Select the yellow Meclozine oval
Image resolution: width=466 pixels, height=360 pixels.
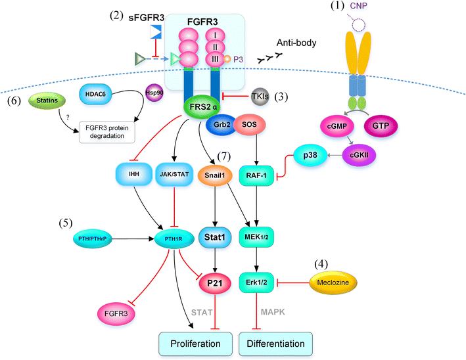[x=332, y=283]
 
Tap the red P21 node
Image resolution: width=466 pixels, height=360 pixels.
[x=214, y=283]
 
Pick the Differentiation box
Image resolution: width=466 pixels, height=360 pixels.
[x=277, y=343]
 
